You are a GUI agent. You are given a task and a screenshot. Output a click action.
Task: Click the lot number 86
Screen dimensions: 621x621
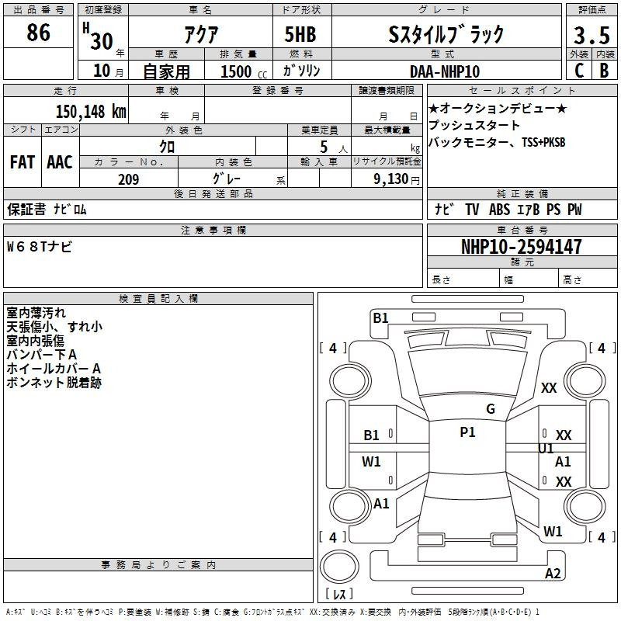[x=38, y=32]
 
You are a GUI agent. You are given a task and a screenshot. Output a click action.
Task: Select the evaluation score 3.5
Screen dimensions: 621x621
[x=592, y=35]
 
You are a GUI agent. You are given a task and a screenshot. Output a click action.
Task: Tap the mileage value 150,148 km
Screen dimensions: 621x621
[x=91, y=111]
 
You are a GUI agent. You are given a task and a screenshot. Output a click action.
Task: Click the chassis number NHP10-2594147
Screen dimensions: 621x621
[x=522, y=246]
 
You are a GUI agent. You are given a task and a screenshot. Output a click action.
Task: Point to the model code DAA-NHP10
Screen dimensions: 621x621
[x=445, y=71]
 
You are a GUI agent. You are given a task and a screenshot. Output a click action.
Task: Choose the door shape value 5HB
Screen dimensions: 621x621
[x=300, y=34]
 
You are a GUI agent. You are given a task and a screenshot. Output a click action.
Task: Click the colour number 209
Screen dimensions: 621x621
[x=128, y=179]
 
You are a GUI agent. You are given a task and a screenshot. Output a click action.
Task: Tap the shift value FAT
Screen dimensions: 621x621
[x=23, y=162]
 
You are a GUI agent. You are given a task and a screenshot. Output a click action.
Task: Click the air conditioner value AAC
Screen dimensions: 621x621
[x=60, y=162]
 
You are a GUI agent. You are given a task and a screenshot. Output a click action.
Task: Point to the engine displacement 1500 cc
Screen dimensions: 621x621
[x=244, y=71]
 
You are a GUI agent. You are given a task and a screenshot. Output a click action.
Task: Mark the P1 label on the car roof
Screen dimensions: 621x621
[x=467, y=432]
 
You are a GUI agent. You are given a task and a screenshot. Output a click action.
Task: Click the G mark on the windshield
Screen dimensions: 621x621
[x=491, y=409]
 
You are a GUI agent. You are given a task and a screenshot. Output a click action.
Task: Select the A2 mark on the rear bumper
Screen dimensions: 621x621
[x=553, y=573]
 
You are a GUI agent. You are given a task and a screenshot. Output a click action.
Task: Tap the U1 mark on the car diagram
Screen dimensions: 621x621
[x=546, y=449]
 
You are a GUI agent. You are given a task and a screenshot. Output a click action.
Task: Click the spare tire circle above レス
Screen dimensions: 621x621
[x=339, y=567]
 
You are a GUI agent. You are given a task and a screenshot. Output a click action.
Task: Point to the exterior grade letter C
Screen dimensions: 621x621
[x=579, y=71]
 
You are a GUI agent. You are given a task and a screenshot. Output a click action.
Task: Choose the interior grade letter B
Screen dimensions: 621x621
[x=605, y=71]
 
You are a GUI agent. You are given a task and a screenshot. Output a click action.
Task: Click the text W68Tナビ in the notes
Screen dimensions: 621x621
[x=40, y=247]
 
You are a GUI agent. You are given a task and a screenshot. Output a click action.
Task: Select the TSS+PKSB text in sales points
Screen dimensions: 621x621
[x=543, y=142]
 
